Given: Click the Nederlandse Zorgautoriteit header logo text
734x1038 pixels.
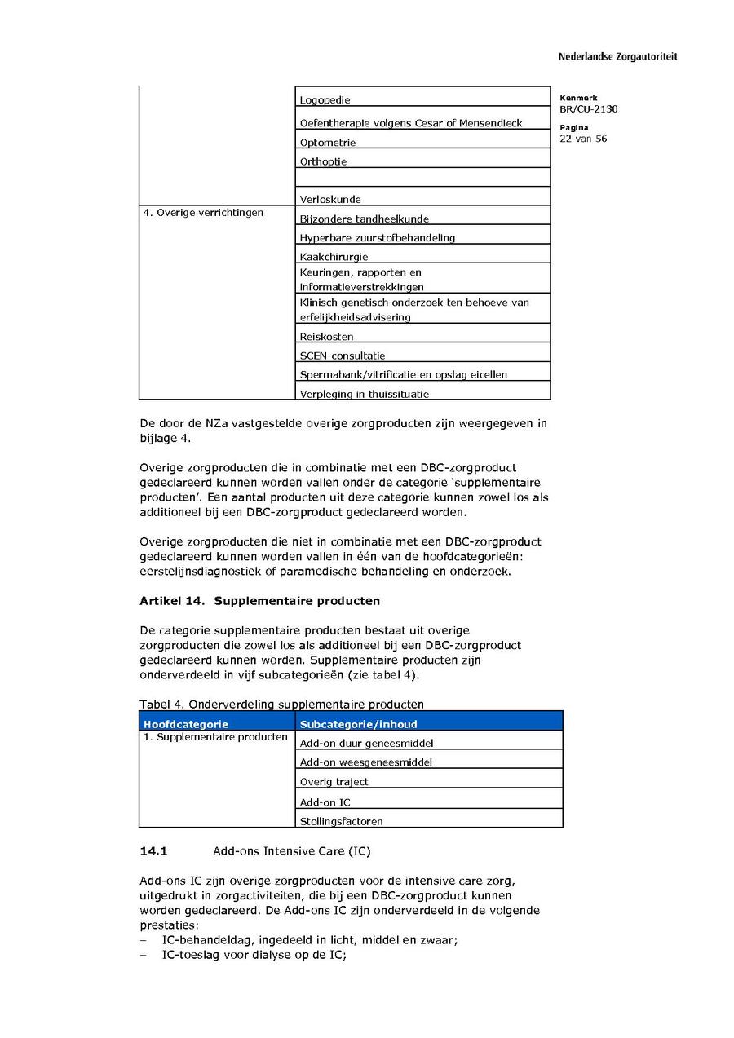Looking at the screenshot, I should pyautogui.click(x=617, y=57).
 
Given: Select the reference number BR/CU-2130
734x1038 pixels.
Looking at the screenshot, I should pyautogui.click(x=588, y=108).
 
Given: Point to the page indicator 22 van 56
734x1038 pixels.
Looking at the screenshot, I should pyautogui.click(x=583, y=139).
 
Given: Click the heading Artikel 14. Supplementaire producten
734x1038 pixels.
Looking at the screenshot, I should pyautogui.click(x=259, y=601).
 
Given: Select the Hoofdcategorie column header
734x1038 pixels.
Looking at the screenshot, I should pyautogui.click(x=186, y=724).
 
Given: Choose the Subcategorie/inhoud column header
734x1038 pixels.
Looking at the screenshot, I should pyautogui.click(x=358, y=724).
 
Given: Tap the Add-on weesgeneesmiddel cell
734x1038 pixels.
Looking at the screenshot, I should pyautogui.click(x=365, y=762).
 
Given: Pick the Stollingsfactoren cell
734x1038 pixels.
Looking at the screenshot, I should pyautogui.click(x=341, y=821).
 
